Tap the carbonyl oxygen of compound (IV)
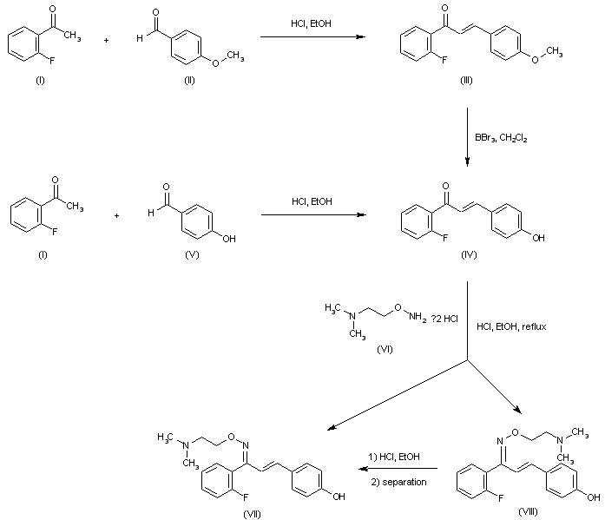(445, 185)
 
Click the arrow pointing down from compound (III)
(468, 135)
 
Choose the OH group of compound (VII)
(339, 497)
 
